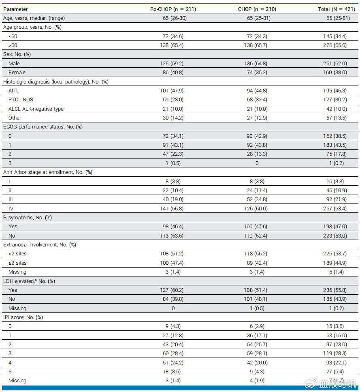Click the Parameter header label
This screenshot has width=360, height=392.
(15, 9)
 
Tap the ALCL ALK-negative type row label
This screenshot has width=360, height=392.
(36, 109)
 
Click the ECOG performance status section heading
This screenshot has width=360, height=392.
(43, 127)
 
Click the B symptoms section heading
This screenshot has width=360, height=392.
(27, 218)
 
